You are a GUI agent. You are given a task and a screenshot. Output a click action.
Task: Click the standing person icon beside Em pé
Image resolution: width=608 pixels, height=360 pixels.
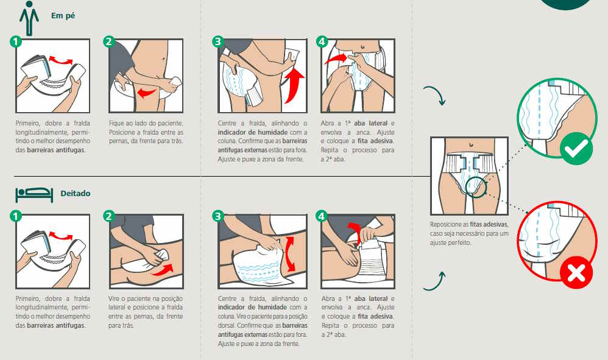tap(29, 18)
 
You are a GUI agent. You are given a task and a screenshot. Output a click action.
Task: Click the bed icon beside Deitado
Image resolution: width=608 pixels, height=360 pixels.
tap(34, 195)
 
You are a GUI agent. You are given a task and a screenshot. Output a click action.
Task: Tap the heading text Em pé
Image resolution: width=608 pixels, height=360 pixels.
tap(63, 16)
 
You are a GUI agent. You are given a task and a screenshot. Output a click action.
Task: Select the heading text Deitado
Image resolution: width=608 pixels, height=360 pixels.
tap(75, 193)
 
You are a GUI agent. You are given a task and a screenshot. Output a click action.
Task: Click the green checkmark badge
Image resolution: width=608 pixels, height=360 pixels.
tap(576, 149)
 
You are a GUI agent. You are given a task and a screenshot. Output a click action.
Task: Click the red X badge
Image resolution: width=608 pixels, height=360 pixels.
tap(576, 272)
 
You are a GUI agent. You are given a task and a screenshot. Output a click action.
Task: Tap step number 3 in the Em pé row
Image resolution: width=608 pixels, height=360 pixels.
tap(218, 41)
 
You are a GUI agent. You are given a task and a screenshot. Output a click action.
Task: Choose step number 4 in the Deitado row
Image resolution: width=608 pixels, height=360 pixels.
tap(322, 216)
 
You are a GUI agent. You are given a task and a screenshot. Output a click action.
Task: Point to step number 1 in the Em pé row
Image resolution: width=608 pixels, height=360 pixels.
tap(15, 41)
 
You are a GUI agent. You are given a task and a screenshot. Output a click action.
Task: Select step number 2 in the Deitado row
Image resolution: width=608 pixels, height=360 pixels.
tap(109, 216)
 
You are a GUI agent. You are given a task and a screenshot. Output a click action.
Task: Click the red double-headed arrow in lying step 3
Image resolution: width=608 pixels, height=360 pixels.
tap(289, 254)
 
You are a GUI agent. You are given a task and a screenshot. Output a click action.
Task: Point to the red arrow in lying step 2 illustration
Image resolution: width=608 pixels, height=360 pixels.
tap(162, 270)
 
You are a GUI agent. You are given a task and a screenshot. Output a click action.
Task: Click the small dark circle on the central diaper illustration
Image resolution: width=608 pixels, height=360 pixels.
tap(476, 187)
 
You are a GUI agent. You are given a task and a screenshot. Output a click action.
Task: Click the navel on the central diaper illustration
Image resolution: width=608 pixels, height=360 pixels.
tap(471, 145)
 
